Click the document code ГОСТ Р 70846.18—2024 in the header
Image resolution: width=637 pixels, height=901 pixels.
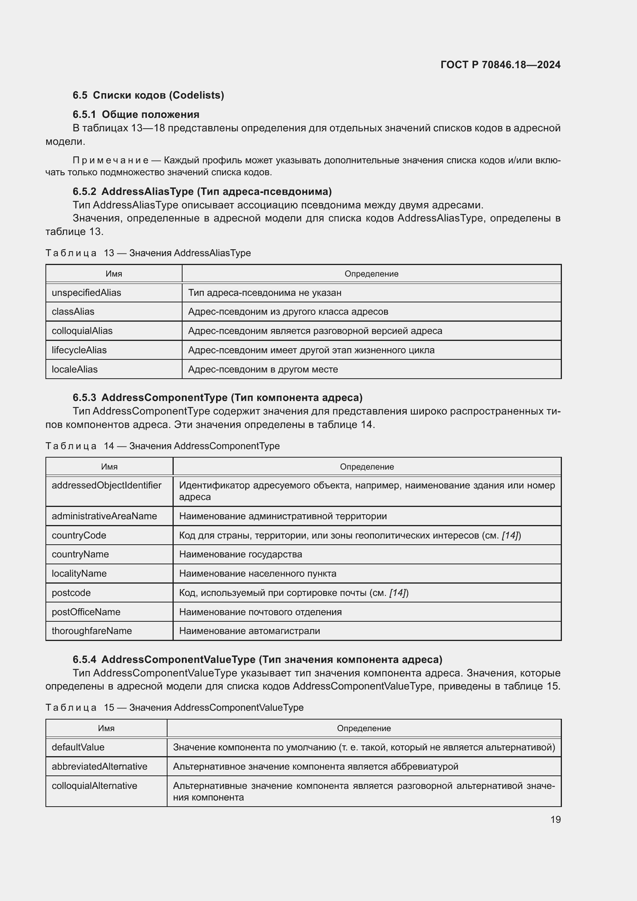[500, 65]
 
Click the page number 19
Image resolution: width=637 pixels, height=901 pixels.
[555, 819]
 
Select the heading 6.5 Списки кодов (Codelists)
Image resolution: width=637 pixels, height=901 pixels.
[148, 96]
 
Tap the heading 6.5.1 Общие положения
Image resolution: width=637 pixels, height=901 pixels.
[136, 114]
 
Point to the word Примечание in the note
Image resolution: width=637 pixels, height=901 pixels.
[111, 160]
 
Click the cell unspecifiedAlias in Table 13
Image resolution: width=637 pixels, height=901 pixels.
[86, 293]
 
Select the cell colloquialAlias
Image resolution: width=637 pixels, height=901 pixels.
[82, 331]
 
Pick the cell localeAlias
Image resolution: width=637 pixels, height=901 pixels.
[75, 369]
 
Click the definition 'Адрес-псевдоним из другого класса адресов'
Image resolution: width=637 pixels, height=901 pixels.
[288, 312]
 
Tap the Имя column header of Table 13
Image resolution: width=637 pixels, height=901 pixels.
[114, 274]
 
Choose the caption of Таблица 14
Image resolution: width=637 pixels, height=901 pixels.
[163, 446]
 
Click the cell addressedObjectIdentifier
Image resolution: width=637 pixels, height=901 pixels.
[106, 485]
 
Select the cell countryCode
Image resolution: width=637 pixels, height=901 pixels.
[79, 535]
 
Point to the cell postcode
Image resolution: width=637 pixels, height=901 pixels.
[71, 592]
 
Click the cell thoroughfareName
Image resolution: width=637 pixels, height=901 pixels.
[92, 631]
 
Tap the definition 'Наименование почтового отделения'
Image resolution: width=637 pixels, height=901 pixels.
[260, 612]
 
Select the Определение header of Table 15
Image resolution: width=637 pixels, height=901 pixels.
[364, 728]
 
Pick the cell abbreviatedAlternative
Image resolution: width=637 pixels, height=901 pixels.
[99, 767]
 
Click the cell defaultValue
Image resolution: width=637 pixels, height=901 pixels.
[78, 747]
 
